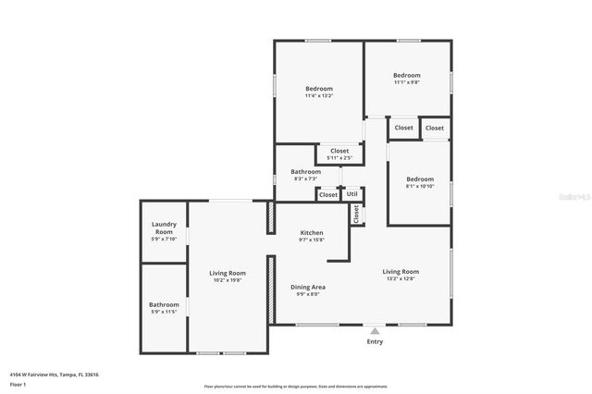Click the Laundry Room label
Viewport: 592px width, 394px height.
(x=164, y=226)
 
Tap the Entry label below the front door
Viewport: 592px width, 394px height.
(x=375, y=341)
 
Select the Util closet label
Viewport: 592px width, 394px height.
(x=352, y=194)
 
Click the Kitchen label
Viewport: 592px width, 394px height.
(x=312, y=232)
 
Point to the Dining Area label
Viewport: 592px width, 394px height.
(x=308, y=287)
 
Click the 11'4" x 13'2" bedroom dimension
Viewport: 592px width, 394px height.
(x=318, y=95)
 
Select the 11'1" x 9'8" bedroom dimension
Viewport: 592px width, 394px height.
(x=407, y=82)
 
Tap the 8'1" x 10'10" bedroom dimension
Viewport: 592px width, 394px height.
(x=420, y=186)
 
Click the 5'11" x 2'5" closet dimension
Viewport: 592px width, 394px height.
(x=339, y=157)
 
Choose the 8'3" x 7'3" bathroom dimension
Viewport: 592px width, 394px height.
(x=306, y=179)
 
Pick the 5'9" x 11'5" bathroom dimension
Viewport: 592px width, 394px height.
(x=164, y=312)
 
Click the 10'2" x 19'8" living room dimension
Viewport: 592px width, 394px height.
(x=228, y=280)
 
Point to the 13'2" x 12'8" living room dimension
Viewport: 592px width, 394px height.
(x=401, y=278)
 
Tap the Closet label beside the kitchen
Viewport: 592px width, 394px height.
(x=357, y=215)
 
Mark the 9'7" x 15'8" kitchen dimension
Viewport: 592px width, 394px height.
(x=312, y=240)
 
